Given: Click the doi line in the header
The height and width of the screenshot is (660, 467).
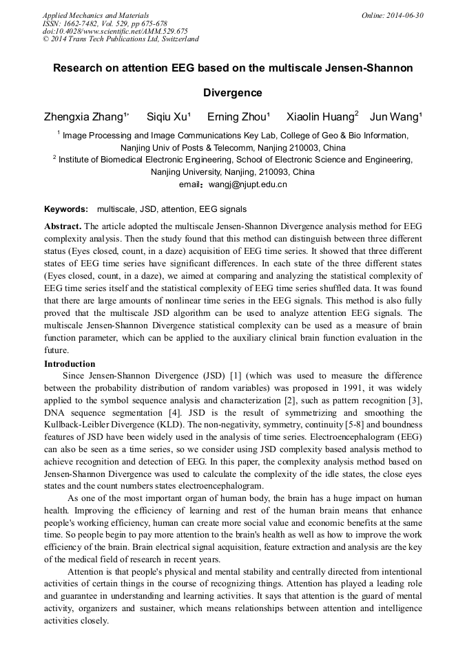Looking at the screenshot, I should pyautogui.click(x=115, y=31).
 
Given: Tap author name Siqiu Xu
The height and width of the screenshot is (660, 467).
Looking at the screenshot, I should pyautogui.click(x=167, y=116).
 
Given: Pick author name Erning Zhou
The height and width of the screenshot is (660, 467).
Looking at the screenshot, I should pyautogui.click(x=238, y=116).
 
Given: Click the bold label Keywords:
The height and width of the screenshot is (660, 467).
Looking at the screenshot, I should pyautogui.click(x=66, y=209).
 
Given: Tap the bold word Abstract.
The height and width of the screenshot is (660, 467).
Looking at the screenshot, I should pyautogui.click(x=63, y=226).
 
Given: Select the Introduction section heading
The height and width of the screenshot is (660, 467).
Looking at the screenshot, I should pyautogui.click(x=70, y=364).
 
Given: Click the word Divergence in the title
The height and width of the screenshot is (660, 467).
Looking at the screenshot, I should pyautogui.click(x=233, y=92).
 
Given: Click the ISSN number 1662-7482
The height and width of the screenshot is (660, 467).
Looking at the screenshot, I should pyautogui.click(x=85, y=23).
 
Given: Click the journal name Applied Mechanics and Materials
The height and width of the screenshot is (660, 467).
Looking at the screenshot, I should pyautogui.click(x=95, y=15).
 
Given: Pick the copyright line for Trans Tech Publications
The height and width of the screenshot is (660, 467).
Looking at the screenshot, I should pyautogui.click(x=121, y=39).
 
